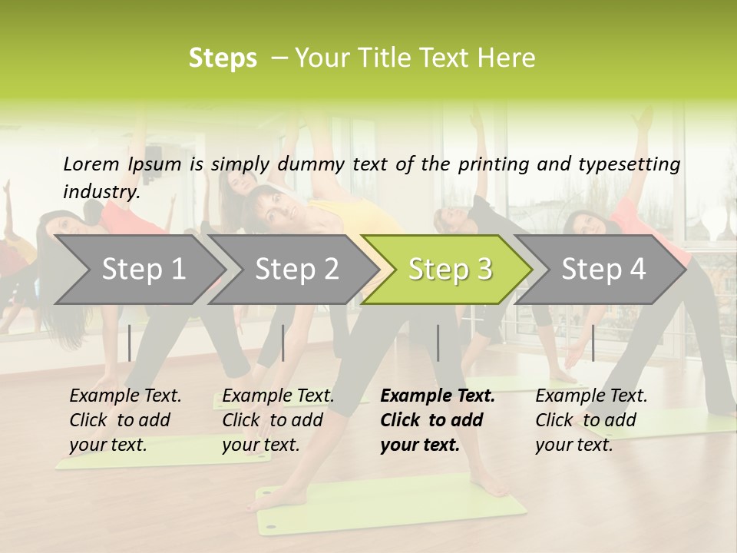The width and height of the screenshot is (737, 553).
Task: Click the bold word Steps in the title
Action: (223, 58)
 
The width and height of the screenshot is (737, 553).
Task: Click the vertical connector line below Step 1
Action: (130, 343)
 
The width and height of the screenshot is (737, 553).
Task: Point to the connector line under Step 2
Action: (283, 343)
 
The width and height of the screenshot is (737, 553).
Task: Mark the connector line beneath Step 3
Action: (438, 343)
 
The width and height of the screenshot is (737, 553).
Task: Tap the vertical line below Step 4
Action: (593, 343)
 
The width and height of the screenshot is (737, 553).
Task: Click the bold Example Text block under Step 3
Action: (438, 420)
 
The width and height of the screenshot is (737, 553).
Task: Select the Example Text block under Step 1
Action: (125, 420)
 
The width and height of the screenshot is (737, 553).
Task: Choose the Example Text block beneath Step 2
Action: (278, 420)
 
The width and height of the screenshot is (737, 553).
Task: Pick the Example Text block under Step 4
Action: (591, 420)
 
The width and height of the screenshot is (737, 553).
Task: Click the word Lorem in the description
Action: (91, 164)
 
